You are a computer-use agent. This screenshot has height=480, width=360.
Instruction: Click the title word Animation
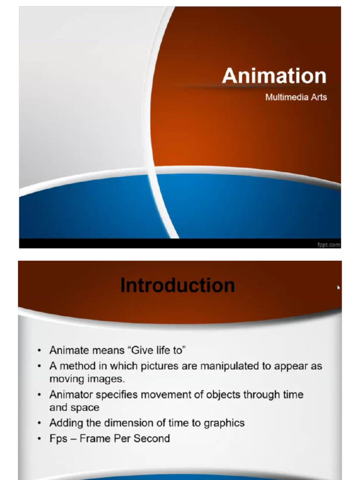(274, 76)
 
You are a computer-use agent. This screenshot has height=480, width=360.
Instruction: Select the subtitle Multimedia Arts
(296, 97)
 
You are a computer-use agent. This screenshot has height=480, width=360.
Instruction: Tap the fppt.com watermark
(329, 245)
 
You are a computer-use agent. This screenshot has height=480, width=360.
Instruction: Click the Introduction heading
(178, 285)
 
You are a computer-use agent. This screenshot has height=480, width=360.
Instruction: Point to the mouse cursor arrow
(338, 287)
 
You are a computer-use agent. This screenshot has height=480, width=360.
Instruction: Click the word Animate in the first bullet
(67, 350)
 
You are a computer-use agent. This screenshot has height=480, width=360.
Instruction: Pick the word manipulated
(230, 366)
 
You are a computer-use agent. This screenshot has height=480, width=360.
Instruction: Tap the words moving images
(87, 378)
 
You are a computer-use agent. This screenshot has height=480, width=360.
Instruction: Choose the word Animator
(71, 395)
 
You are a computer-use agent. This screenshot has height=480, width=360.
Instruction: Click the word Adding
(65, 423)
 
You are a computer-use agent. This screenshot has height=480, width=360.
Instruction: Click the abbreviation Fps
(58, 439)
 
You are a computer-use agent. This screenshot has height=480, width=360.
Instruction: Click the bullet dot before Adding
(40, 423)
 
